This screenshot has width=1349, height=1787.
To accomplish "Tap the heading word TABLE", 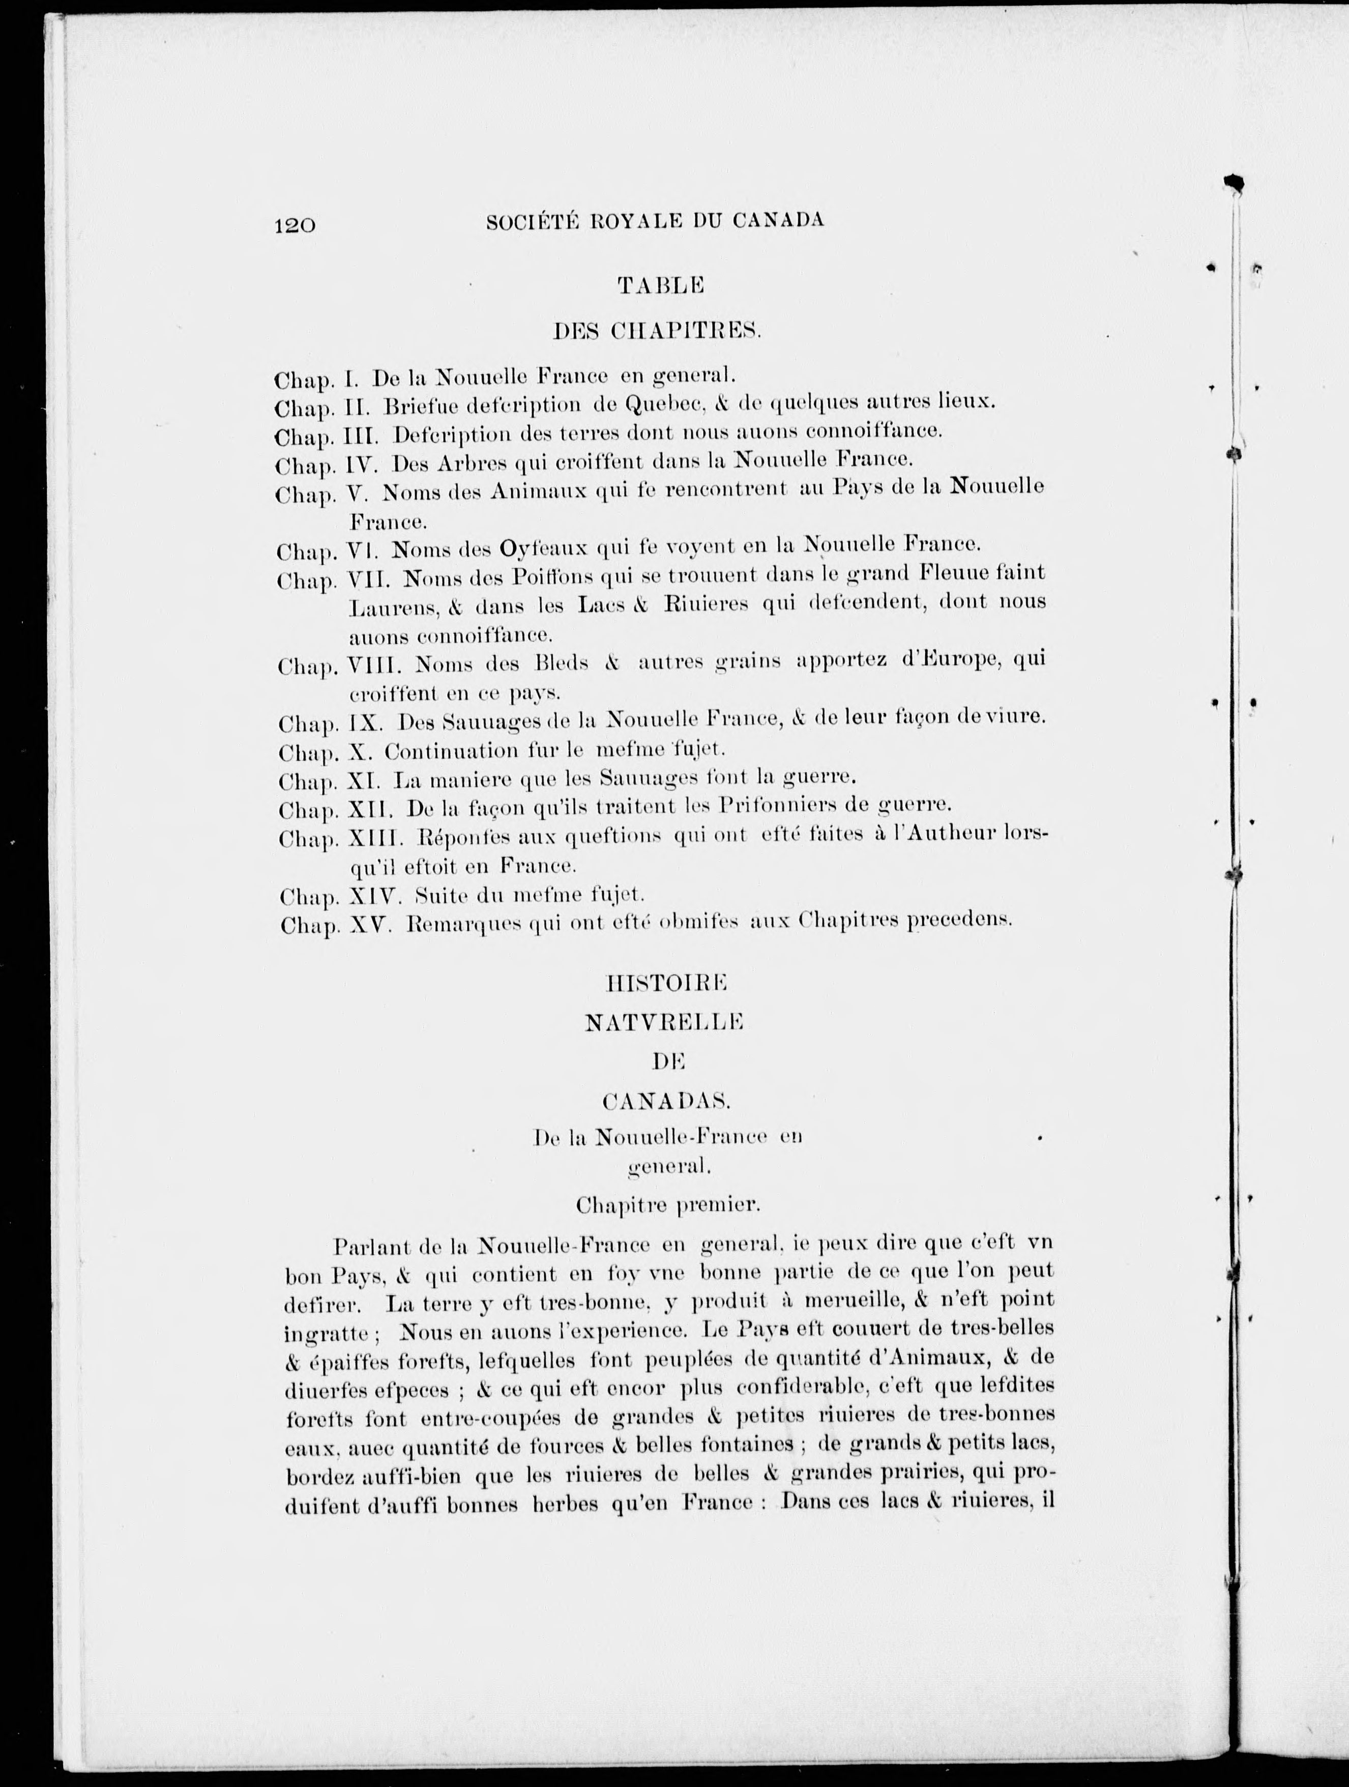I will pyautogui.click(x=662, y=284).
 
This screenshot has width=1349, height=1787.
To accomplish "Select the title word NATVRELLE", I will pyautogui.click(x=664, y=1023).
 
